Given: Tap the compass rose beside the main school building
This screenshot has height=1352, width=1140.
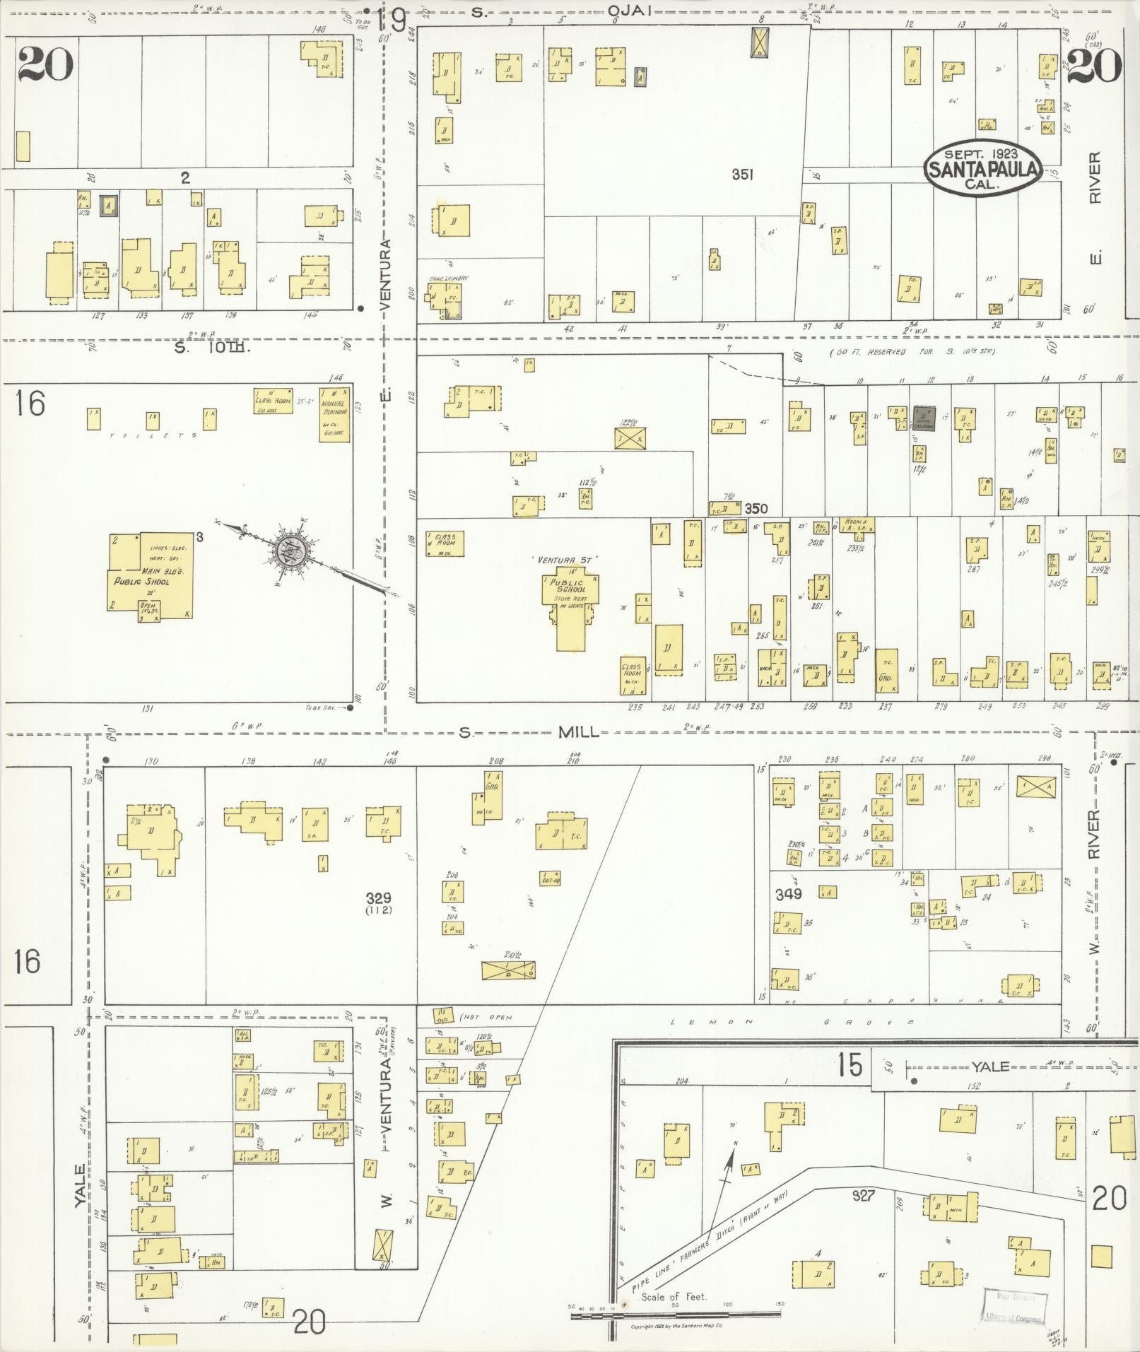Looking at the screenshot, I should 291,548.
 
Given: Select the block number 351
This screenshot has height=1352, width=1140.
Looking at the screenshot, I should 742,175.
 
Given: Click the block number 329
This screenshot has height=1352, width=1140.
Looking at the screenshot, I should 379,898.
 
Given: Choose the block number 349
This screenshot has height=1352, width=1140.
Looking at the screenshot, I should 788,894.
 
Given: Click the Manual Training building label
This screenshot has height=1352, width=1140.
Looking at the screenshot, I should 334,416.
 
